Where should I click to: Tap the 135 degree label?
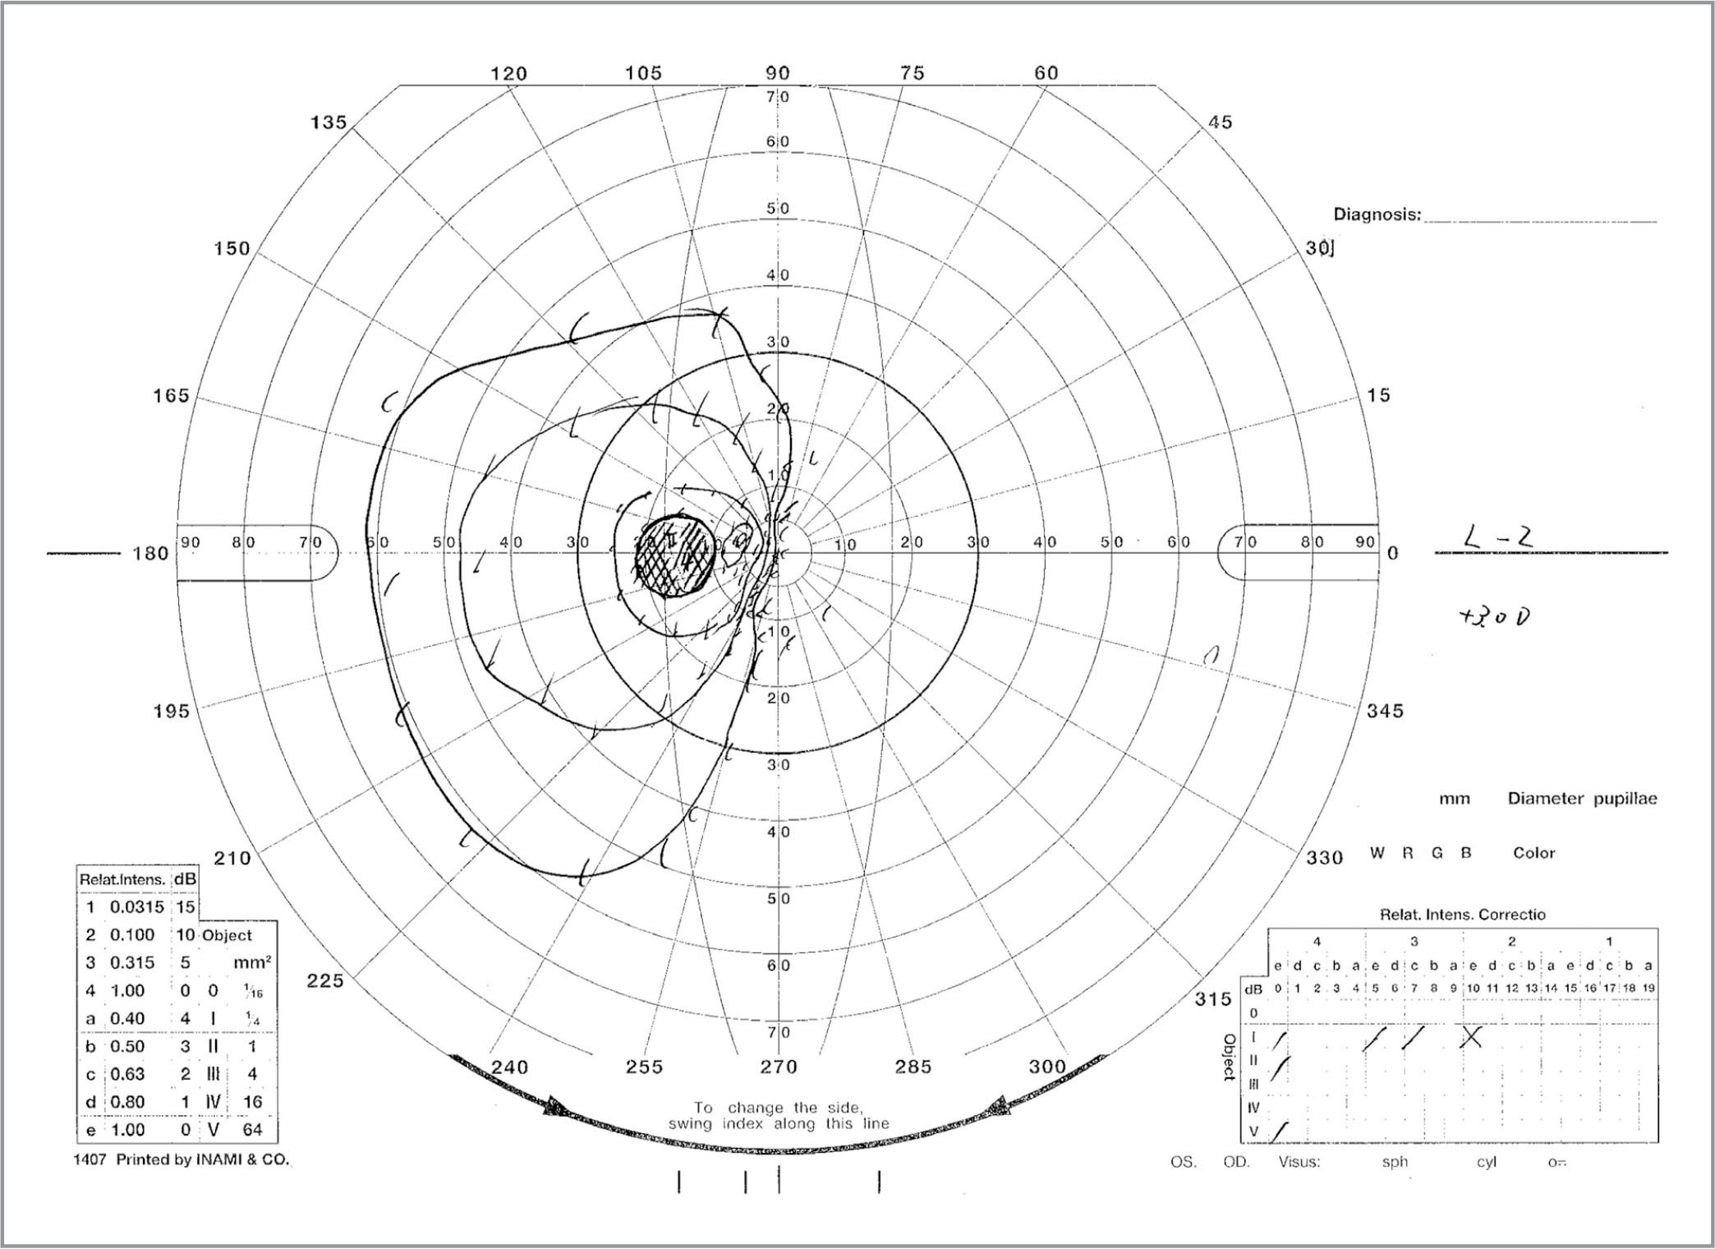point(329,122)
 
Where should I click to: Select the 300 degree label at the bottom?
point(1047,1067)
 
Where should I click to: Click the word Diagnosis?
point(1376,214)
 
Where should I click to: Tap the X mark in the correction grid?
point(1472,1037)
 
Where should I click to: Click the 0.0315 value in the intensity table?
point(136,907)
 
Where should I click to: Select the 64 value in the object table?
point(252,1130)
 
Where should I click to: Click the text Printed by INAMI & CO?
point(203,1160)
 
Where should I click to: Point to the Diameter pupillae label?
point(1582,799)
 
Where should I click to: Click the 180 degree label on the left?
point(150,553)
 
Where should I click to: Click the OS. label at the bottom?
point(1183,1163)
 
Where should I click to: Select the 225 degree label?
point(325,980)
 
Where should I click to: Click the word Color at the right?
point(1533,853)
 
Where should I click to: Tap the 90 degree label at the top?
point(778,73)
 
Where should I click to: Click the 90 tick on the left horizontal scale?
point(191,542)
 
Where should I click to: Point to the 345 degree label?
point(1385,711)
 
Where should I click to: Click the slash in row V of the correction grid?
point(1279,1132)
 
